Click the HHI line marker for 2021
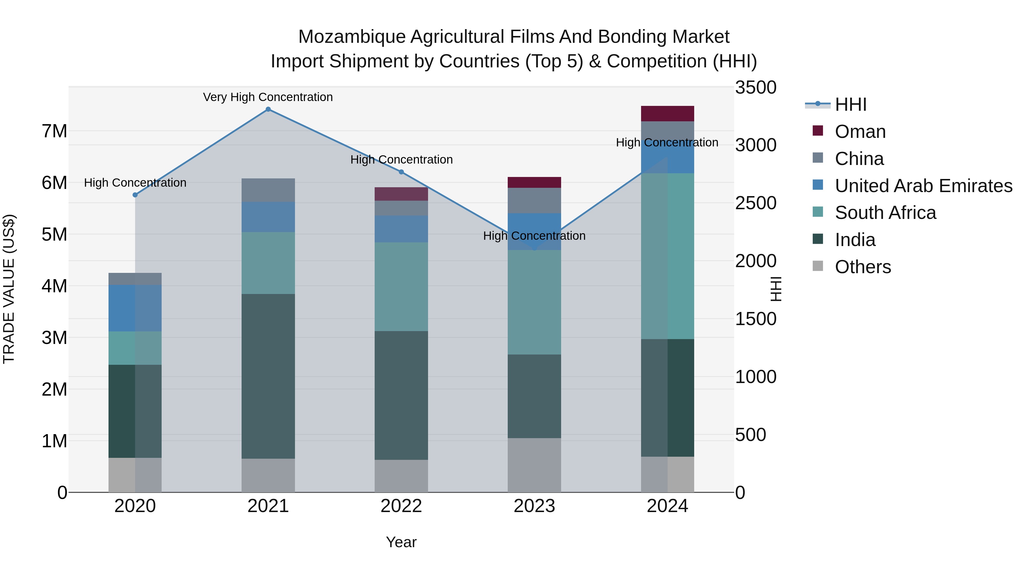(x=268, y=109)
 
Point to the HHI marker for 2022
(x=401, y=172)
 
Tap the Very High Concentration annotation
(x=268, y=97)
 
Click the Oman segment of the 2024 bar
(x=667, y=114)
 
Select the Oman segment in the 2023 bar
(x=534, y=182)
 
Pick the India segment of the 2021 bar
(x=268, y=376)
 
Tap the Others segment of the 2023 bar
(x=534, y=465)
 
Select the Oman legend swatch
(x=818, y=131)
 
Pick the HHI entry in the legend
(x=850, y=104)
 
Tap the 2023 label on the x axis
(x=534, y=506)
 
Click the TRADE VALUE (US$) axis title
(x=9, y=289)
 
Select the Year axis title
(x=401, y=542)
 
